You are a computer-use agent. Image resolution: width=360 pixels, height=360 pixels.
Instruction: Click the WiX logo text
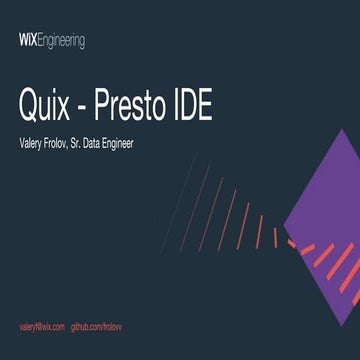tap(28, 41)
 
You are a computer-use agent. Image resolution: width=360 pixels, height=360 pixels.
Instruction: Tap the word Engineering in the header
tap(61, 42)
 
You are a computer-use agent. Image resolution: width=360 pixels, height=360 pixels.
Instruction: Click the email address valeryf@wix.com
tap(42, 327)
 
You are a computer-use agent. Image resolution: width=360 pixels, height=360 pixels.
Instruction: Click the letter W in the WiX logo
tap(23, 41)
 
